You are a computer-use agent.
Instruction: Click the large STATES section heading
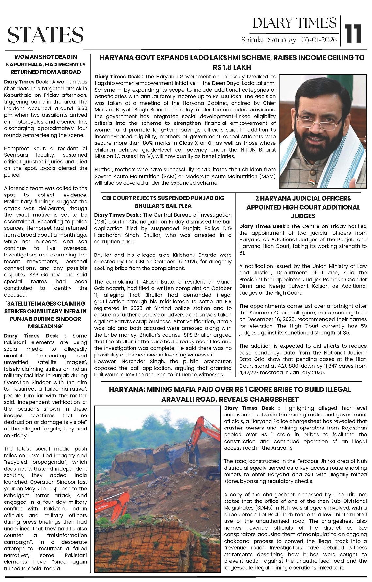[45, 34]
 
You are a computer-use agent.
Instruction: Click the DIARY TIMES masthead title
[294, 23]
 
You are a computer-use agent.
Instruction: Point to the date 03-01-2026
[319, 40]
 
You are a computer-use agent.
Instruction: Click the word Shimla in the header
[252, 40]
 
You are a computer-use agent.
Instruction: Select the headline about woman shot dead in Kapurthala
[45, 65]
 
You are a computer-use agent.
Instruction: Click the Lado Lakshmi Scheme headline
[232, 62]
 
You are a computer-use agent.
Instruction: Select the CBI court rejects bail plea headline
[163, 202]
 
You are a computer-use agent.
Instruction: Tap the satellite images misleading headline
[45, 315]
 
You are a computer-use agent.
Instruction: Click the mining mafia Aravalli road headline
[230, 394]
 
